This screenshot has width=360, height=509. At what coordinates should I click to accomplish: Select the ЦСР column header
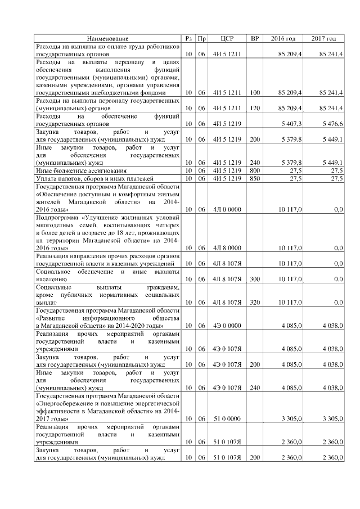coord(227,38)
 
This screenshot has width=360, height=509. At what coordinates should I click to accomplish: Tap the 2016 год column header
coord(283,38)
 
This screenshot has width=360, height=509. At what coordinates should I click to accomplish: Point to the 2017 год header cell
coord(323,38)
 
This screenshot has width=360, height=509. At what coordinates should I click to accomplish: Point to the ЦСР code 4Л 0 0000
coord(227,209)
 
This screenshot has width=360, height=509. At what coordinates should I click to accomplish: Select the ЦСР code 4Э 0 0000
coord(227,325)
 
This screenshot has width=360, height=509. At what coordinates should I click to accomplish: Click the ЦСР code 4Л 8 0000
coord(227,247)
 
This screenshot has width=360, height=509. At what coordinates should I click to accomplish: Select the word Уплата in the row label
coord(46,178)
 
